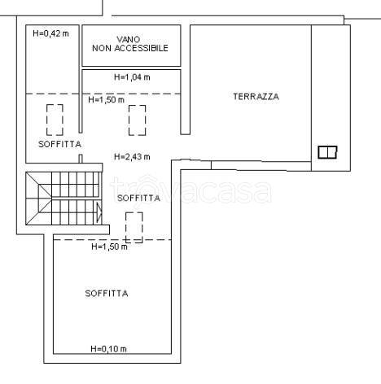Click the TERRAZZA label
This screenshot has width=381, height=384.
pyautogui.click(x=256, y=97)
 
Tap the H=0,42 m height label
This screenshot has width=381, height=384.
pyautogui.click(x=50, y=33)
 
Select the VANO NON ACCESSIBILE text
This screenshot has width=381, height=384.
pyautogui.click(x=130, y=44)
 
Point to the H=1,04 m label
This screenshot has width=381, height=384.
pyautogui.click(x=132, y=77)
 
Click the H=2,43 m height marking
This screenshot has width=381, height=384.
pyautogui.click(x=132, y=157)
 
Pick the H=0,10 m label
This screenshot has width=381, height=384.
pyautogui.click(x=109, y=349)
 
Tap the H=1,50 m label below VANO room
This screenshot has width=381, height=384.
pyautogui.click(x=107, y=100)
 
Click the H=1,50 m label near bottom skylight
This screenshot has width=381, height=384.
pyautogui.click(x=109, y=247)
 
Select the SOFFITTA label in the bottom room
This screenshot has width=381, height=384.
pyautogui.click(x=107, y=294)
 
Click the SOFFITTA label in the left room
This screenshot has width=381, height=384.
pyautogui.click(x=59, y=144)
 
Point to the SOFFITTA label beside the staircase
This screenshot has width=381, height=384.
pyautogui.click(x=138, y=198)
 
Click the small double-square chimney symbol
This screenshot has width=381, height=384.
pyautogui.click(x=327, y=152)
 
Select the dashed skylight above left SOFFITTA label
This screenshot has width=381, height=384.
pyautogui.click(x=55, y=120)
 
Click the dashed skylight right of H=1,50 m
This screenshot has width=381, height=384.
pyautogui.click(x=138, y=120)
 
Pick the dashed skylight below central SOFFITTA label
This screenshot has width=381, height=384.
pyautogui.click(x=134, y=227)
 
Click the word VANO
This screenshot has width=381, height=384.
pyautogui.click(x=129, y=39)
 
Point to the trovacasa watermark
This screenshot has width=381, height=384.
pyautogui.click(x=190, y=190)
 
